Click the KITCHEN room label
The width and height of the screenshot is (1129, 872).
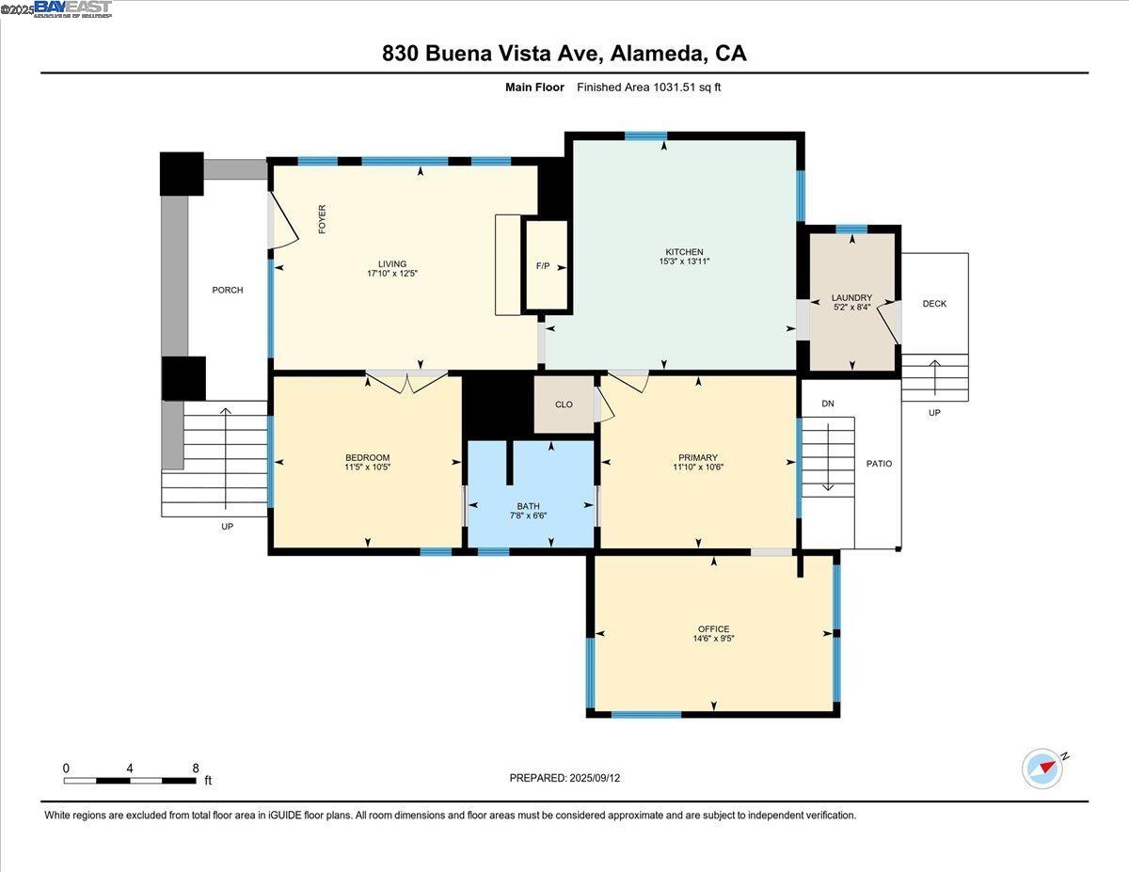[684, 252]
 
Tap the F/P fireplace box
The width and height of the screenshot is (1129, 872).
[545, 266]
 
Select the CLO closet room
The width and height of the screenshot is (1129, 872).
[564, 404]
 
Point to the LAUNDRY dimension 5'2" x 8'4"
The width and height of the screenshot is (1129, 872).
[852, 308]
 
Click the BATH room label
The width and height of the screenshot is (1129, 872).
[528, 506]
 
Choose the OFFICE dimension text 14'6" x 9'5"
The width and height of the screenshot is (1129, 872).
[713, 640]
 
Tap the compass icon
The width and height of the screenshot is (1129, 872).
[1042, 768]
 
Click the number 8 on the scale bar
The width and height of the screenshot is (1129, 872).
[195, 768]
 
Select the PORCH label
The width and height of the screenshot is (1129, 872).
[227, 290]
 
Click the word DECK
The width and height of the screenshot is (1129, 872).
[934, 304]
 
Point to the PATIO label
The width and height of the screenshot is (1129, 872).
[879, 464]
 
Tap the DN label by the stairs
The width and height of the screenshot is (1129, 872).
[828, 404]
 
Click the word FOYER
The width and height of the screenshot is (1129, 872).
[322, 219]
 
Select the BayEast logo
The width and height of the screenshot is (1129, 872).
[72, 8]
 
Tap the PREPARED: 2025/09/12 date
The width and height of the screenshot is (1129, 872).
[565, 778]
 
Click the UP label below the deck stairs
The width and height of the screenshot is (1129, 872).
[934, 413]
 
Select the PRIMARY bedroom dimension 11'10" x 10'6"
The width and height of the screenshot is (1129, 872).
[697, 467]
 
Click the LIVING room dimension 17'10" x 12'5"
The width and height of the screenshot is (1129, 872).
[392, 274]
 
